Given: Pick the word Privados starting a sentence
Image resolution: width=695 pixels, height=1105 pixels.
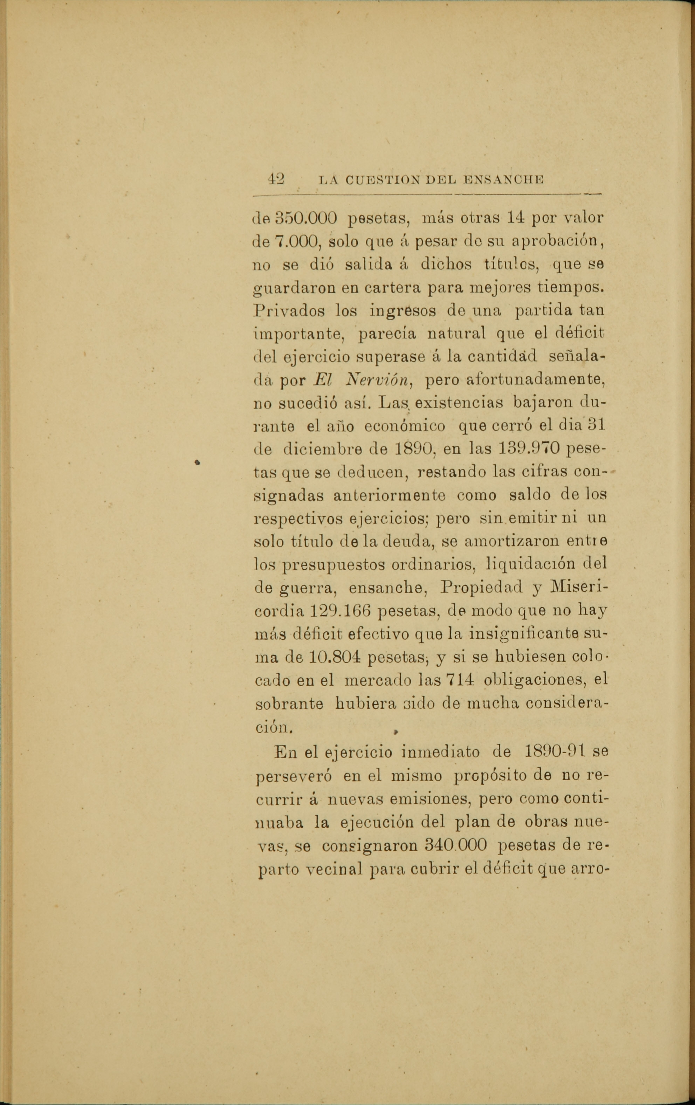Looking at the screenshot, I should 289,311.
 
